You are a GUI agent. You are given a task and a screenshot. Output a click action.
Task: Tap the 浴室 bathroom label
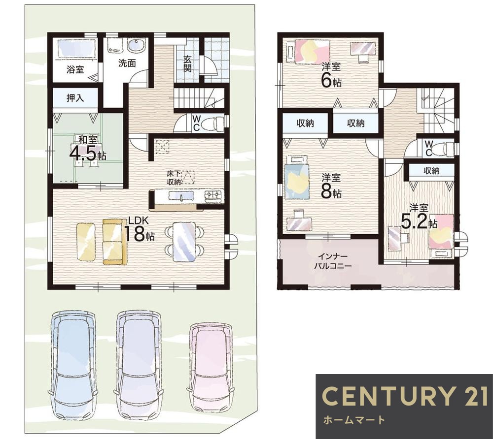pos(75,70)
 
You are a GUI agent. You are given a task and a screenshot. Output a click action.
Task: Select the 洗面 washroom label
pos(127,63)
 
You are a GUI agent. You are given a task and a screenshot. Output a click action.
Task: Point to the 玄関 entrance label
pos(187,64)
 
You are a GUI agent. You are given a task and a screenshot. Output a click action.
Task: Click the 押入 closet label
pos(75,98)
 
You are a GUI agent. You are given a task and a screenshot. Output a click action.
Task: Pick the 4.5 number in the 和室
pos(83,153)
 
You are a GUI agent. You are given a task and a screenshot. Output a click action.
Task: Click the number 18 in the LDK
pos(135,233)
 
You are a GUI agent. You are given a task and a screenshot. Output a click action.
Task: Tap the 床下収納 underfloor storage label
pos(174,177)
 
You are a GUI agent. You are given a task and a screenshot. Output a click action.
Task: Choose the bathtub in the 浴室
pos(75,49)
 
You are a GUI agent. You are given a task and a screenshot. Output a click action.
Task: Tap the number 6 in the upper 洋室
pos(326,81)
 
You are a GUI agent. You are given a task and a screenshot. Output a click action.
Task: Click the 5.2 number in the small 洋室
pos(414,221)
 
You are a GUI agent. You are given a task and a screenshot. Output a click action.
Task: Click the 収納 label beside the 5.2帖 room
pos(431,171)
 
